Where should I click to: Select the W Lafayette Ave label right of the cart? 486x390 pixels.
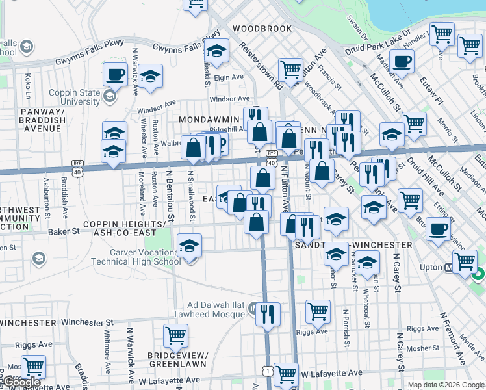coord(331,374)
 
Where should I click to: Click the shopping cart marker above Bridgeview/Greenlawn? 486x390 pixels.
coord(176,336)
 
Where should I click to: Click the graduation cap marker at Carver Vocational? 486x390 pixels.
coord(189,246)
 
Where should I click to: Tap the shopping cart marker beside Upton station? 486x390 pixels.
coord(464,261)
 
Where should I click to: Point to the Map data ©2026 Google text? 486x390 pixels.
coord(446,385)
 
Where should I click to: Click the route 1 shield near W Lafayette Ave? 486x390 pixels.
coord(268,370)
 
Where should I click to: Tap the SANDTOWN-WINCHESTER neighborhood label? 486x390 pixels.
coord(353,245)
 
